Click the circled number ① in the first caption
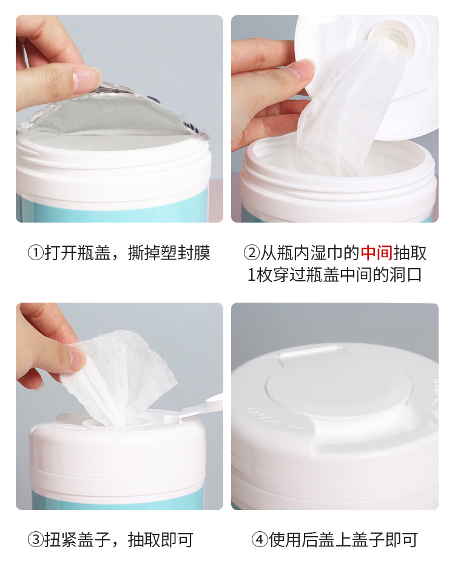[x=36, y=254]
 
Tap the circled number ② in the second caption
[x=252, y=254]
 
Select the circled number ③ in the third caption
[x=36, y=540]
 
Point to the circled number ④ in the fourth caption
[x=260, y=540]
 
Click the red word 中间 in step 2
[x=377, y=254]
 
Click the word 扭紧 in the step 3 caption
[x=61, y=540]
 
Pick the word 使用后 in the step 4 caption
[x=293, y=540]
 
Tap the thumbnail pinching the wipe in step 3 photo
[x=77, y=358]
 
